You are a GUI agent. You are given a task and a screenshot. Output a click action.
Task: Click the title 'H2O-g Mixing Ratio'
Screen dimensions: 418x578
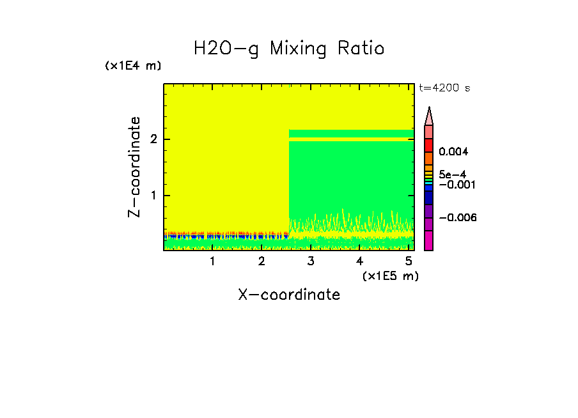289,49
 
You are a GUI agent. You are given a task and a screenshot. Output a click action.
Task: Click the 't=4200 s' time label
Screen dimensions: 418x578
444,88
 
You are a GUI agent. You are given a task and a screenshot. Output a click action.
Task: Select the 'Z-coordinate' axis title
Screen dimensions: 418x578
134,167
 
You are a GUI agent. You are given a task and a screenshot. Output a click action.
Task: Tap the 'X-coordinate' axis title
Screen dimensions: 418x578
289,295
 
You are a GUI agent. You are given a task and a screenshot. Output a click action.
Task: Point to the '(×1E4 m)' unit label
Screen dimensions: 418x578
133,66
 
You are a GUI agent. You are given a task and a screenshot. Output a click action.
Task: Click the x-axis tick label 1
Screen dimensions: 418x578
212,261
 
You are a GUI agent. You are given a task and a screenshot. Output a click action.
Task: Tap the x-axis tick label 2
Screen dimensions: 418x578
262,261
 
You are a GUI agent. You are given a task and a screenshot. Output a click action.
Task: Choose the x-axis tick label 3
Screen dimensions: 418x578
310,261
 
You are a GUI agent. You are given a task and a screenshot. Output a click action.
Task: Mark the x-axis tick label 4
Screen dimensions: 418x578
359,261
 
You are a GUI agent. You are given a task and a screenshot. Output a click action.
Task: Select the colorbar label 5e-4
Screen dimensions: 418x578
452,174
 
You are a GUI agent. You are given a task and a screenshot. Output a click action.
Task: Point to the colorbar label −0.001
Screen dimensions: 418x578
455,185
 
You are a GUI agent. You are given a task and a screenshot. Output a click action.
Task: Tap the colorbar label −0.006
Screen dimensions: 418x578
458,218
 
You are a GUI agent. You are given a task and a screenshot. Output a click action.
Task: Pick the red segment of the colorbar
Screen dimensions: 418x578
429,145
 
